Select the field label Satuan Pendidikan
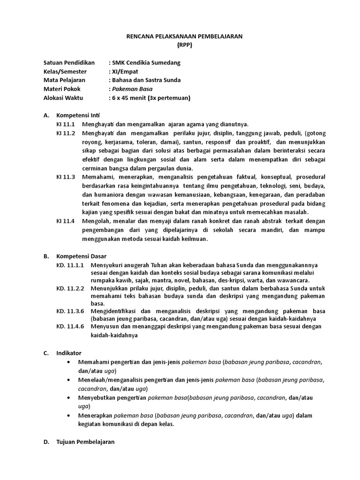(69, 63)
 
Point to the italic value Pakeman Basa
(132, 89)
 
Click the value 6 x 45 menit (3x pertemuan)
(150, 97)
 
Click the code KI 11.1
(66, 124)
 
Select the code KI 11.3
(66, 177)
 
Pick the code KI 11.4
(66, 221)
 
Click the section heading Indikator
(69, 353)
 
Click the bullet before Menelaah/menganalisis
(69, 380)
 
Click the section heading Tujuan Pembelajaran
(85, 442)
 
